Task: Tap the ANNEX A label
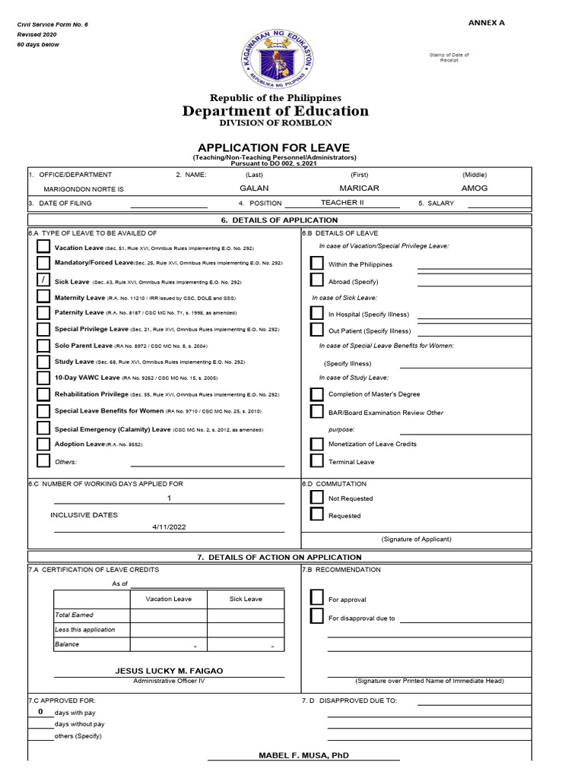coord(486,23)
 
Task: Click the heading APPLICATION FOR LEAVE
coord(274,147)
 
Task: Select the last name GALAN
coord(254,188)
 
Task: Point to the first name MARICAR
coord(359,188)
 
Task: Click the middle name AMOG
coord(474,188)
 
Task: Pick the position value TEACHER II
coord(342,203)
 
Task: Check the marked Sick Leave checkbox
coord(43,280)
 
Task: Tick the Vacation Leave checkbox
coord(43,247)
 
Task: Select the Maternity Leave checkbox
coord(43,296)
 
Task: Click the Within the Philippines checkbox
coord(316,264)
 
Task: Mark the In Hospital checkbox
coord(316,313)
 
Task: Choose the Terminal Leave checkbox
coord(316,460)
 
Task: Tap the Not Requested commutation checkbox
coord(316,498)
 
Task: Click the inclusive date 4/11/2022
coord(169,527)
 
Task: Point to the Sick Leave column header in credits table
coord(246,599)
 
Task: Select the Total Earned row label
coord(74,615)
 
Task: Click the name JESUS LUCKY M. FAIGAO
coord(169,671)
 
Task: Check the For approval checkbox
coord(316,598)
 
